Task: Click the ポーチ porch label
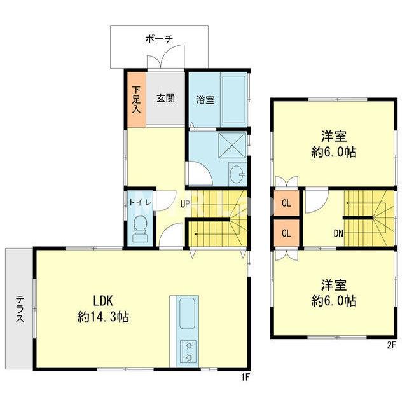point(159,39)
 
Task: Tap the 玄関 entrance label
point(165,99)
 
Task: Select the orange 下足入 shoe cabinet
point(137,99)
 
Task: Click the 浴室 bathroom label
point(205,100)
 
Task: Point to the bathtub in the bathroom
point(233,99)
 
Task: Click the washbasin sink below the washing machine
point(237,173)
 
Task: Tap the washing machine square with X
point(232,145)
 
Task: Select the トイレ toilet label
point(140,202)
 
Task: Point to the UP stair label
point(185,204)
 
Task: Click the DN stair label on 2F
point(338,233)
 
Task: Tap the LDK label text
point(103,301)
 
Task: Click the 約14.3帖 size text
point(103,317)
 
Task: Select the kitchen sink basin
point(187,313)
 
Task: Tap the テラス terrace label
point(20,308)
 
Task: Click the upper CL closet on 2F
point(287,203)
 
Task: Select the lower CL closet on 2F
point(287,233)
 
